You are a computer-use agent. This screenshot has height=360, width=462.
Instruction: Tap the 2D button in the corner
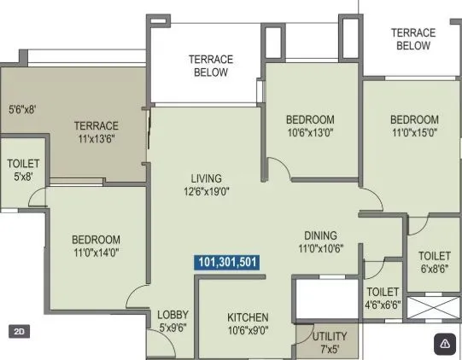click(19, 330)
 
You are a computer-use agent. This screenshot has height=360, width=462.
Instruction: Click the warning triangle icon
click(445, 343)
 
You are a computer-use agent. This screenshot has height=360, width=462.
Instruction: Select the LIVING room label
click(206, 178)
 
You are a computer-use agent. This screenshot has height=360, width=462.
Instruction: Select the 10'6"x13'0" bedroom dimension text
click(310, 132)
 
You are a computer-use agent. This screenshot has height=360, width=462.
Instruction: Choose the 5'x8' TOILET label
click(23, 170)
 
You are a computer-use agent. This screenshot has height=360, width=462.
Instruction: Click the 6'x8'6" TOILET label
click(434, 261)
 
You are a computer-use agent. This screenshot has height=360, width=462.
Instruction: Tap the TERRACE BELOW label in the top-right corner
click(413, 38)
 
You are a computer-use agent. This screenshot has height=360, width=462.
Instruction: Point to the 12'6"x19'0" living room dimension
click(206, 191)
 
